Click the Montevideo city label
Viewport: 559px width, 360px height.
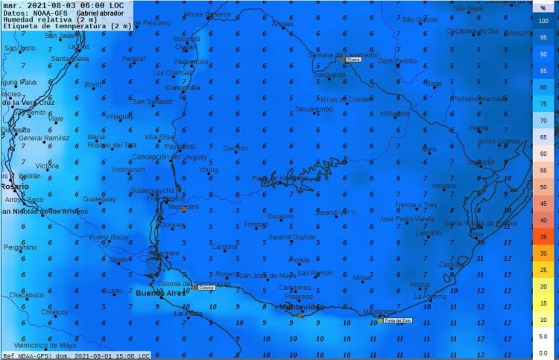(301, 307)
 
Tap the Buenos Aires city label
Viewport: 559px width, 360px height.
(160, 294)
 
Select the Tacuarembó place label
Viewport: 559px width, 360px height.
(313, 109)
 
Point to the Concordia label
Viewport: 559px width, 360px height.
(182, 88)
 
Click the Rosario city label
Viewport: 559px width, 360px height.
(14, 186)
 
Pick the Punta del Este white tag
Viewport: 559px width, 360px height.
(397, 320)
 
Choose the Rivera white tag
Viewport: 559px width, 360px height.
(353, 60)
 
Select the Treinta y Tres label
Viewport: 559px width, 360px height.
(416, 205)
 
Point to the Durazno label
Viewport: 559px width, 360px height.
(281, 216)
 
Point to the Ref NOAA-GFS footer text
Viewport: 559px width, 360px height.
(27, 356)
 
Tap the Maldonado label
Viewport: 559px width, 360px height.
(379, 312)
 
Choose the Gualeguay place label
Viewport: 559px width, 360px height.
(99, 200)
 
